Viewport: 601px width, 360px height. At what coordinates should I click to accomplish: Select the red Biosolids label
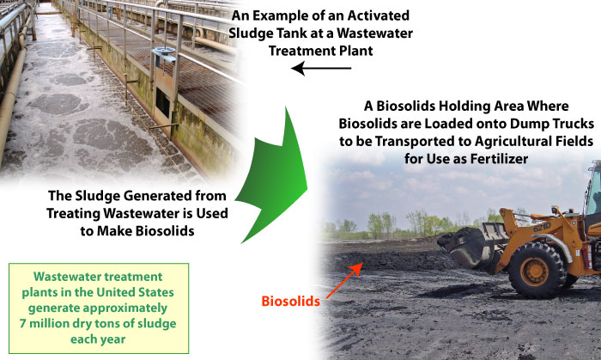(x=290, y=302)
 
